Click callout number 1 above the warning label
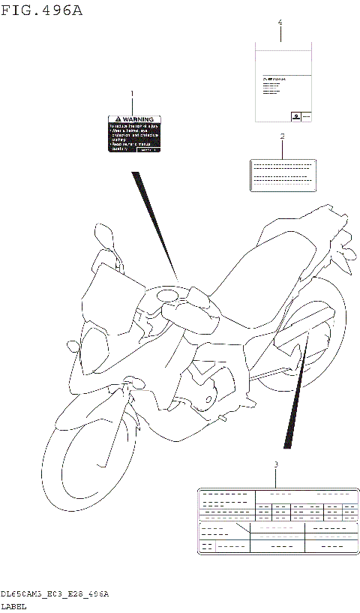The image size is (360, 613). tap(133, 95)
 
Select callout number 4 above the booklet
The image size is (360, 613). tap(280, 23)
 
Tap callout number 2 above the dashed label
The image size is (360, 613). tap(282, 137)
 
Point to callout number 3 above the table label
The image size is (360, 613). tap(275, 465)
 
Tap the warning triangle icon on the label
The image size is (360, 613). tap(115, 119)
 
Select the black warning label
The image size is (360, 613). tap(134, 134)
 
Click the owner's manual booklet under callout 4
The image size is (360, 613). tap(280, 83)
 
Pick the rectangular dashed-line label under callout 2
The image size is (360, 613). tap(282, 175)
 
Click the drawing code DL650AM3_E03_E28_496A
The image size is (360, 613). tap(55, 593)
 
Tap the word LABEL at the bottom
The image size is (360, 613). tap(13, 605)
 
